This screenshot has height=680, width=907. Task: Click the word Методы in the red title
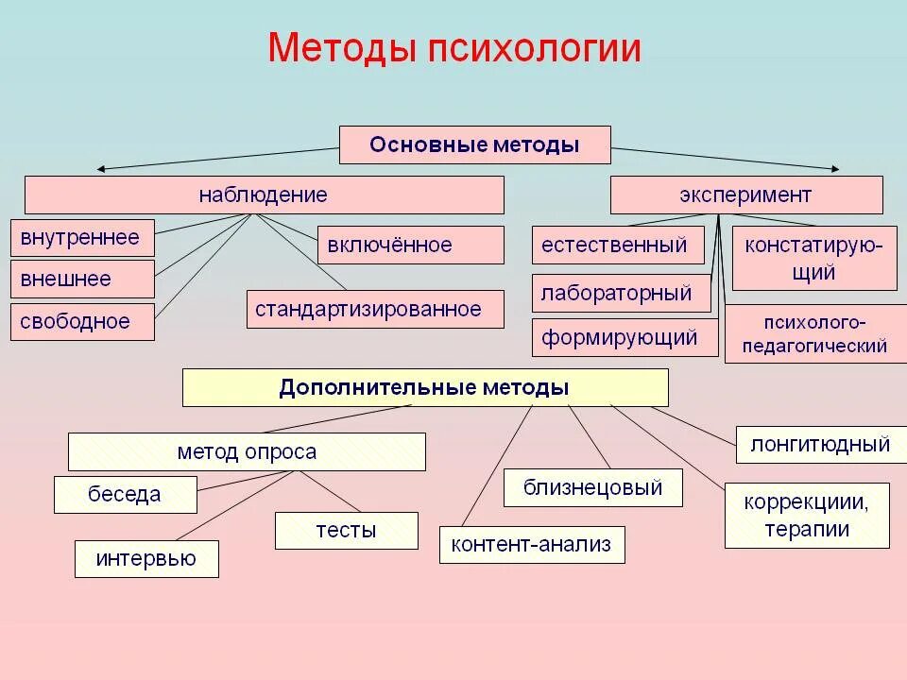(x=342, y=48)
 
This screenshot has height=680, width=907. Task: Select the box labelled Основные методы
(x=474, y=144)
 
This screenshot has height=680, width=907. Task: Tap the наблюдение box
(x=264, y=195)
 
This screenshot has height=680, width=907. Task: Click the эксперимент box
(x=745, y=195)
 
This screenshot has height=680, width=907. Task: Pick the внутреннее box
(x=81, y=238)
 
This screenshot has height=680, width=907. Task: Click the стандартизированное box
(x=374, y=309)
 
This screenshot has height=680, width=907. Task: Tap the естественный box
(x=617, y=246)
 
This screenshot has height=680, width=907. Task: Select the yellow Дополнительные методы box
(x=424, y=387)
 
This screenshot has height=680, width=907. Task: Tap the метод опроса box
(x=247, y=451)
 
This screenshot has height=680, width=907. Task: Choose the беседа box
(x=125, y=494)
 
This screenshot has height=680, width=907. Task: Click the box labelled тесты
(x=346, y=530)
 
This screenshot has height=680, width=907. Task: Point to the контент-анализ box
(x=531, y=544)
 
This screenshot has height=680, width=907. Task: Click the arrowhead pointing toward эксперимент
(x=834, y=170)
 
